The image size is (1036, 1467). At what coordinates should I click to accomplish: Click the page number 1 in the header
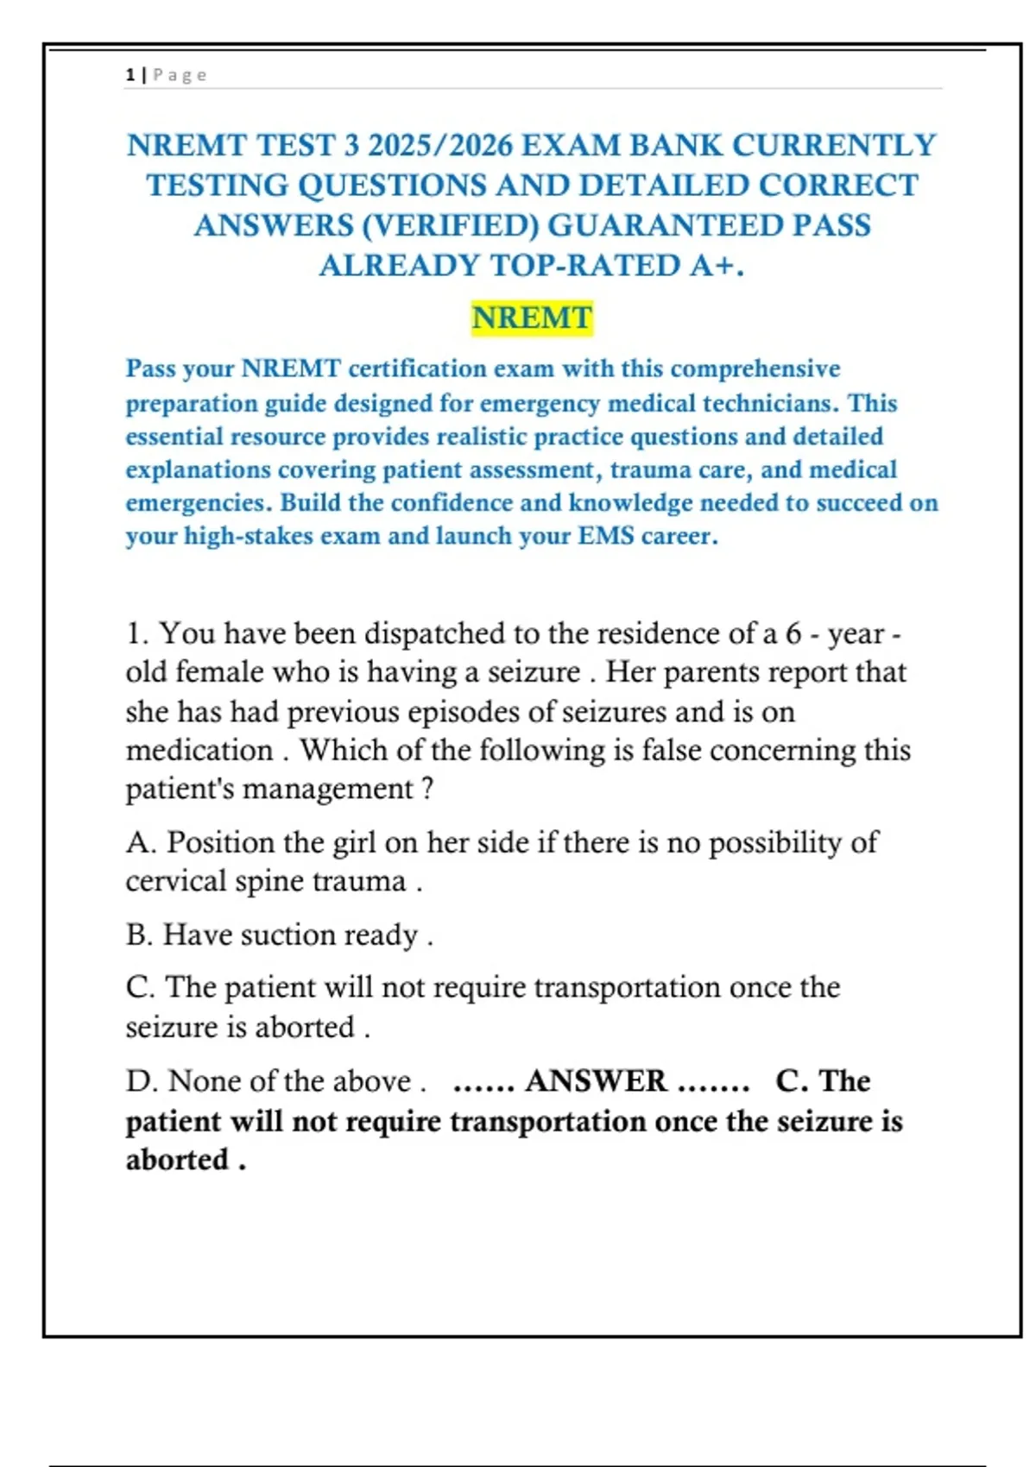[129, 75]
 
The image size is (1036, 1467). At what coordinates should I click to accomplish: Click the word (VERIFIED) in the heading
[451, 225]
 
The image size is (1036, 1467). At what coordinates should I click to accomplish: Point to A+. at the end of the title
[716, 265]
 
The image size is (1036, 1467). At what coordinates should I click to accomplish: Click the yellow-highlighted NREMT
[532, 318]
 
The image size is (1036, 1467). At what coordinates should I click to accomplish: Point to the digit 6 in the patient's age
[793, 633]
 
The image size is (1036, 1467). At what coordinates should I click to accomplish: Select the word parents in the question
[700, 672]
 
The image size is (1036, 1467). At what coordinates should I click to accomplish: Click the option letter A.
[140, 842]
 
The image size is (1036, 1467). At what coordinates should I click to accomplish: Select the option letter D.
[139, 1080]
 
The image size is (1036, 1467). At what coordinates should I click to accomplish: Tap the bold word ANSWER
[596, 1080]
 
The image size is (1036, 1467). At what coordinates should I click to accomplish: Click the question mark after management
[427, 789]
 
